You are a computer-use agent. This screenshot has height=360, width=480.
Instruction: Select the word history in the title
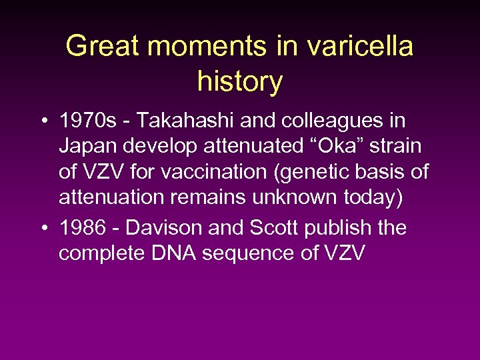[x=240, y=81]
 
